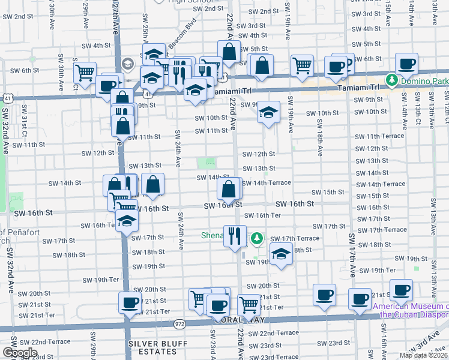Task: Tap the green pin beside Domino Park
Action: coord(392,79)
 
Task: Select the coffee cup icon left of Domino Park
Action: coord(406,63)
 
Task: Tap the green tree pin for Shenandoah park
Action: coord(258,239)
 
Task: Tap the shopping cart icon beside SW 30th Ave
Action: coord(85,73)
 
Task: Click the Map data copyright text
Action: coord(424,355)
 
